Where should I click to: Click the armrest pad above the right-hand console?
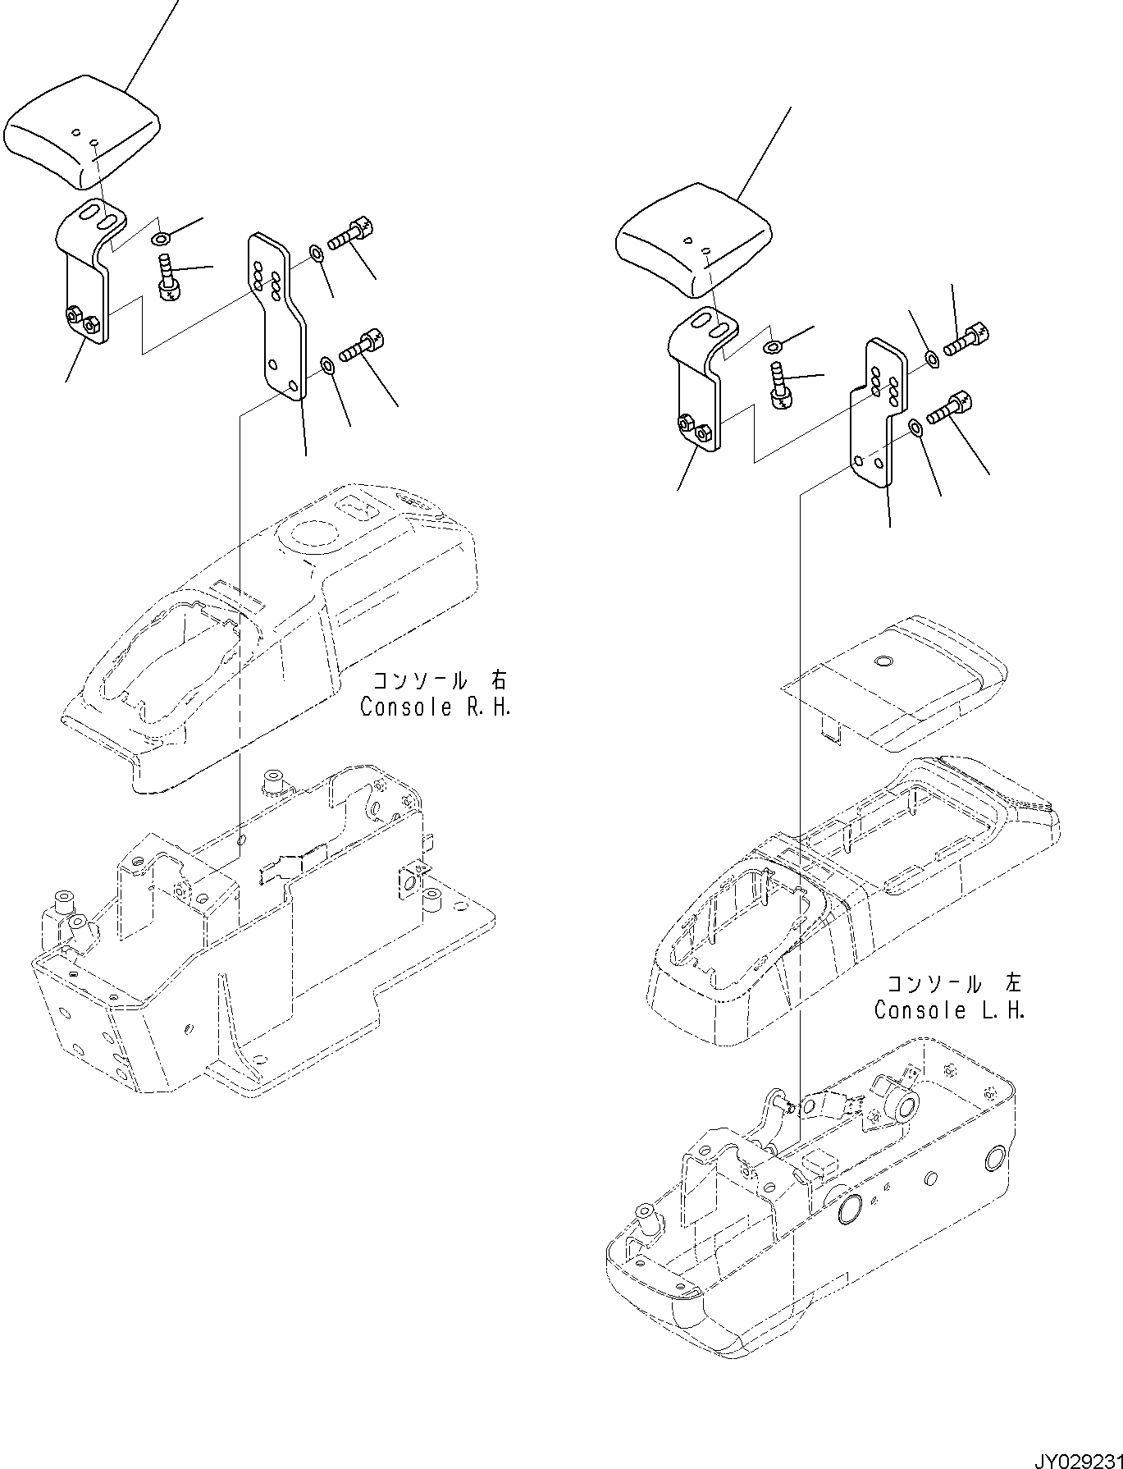tap(82, 131)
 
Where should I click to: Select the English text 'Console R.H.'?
tap(436, 707)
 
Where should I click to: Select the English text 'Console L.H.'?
tap(949, 1010)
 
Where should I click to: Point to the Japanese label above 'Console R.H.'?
tap(440, 681)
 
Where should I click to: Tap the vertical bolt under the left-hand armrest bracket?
tap(780, 386)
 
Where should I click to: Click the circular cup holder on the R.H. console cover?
tap(307, 538)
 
